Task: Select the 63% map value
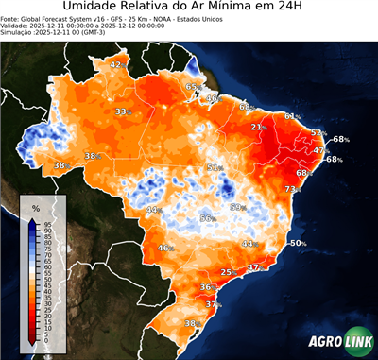click(192, 87)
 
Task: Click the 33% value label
click(122, 111)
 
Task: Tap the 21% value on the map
click(257, 127)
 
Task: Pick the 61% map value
click(292, 116)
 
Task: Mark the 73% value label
click(292, 189)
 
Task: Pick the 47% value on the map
click(320, 150)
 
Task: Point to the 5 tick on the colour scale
click(47, 335)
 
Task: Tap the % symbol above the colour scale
click(36, 207)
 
